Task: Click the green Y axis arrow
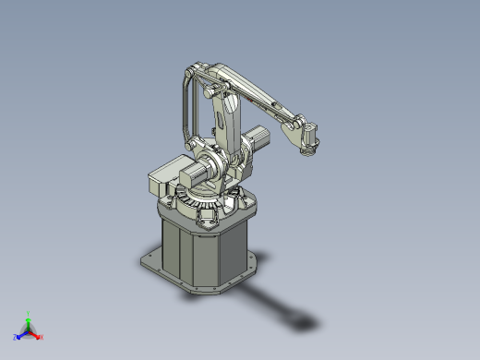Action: point(29,317)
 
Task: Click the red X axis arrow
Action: point(39,336)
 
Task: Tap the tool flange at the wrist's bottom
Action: point(308,153)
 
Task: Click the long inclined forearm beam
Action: point(258,96)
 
